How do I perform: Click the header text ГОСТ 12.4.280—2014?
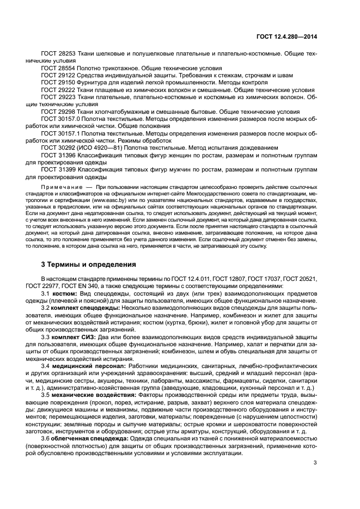pos(287,36)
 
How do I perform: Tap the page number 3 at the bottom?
pos(315,463)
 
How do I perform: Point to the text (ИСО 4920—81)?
pos(102,147)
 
